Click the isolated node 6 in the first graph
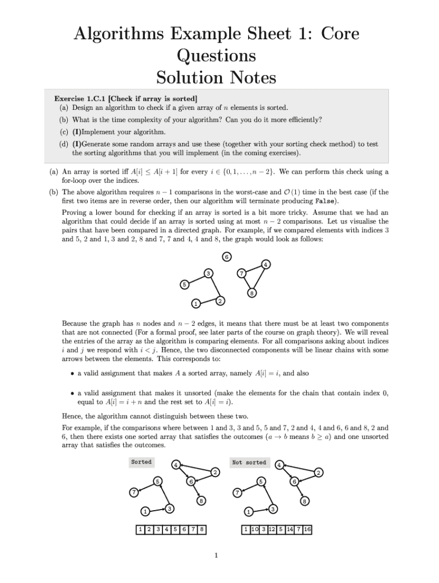click(x=227, y=257)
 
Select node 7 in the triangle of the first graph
click(x=242, y=273)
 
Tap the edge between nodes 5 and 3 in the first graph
click(x=197, y=278)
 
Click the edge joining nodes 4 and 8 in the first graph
click(x=259, y=279)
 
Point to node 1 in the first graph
click(x=195, y=303)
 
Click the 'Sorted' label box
click(x=141, y=462)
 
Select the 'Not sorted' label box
click(x=249, y=462)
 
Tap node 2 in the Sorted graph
click(x=215, y=473)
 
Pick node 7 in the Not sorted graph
click(x=237, y=492)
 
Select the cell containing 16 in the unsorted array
click(x=307, y=530)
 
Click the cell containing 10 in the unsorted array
click(x=255, y=530)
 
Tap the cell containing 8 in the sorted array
click(x=201, y=530)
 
